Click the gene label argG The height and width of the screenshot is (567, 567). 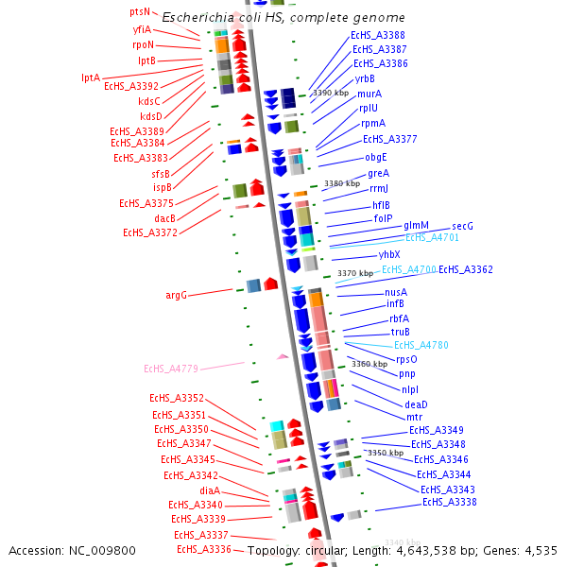[177, 295]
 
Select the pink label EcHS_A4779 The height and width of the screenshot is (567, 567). [171, 369]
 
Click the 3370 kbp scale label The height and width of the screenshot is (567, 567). [355, 273]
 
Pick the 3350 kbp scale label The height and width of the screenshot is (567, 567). [386, 453]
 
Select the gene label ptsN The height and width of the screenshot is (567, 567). [139, 12]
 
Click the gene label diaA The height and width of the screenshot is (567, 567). [210, 490]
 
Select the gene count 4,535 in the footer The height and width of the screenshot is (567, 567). [539, 550]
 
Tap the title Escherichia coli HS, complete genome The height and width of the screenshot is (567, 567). [283, 18]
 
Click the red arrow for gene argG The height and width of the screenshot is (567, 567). [270, 283]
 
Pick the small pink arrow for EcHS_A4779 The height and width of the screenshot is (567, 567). [282, 356]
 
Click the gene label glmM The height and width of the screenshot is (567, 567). [416, 225]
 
